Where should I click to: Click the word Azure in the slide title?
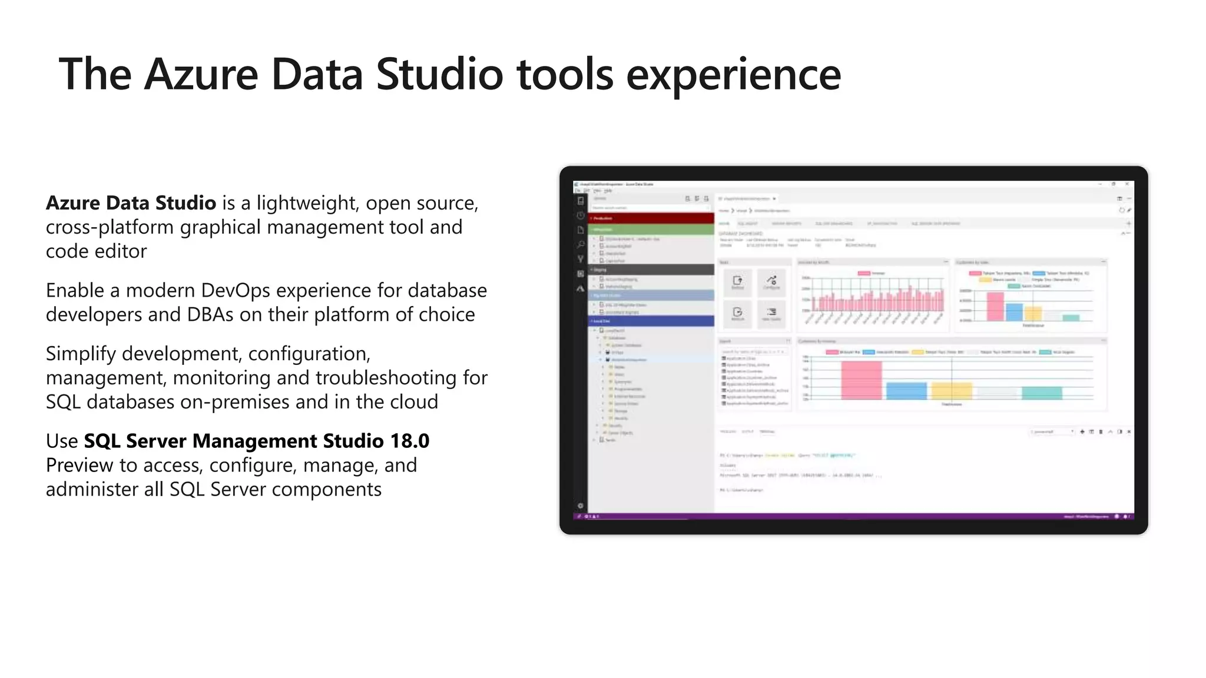[x=201, y=75]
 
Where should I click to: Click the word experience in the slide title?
[x=733, y=75]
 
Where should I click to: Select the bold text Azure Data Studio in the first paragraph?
[x=131, y=203]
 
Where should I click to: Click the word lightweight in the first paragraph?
[x=307, y=203]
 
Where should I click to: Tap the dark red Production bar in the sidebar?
[x=651, y=218]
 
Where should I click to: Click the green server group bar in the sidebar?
[x=651, y=230]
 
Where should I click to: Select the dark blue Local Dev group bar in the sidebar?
[x=651, y=321]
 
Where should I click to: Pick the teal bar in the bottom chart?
[x=1042, y=393]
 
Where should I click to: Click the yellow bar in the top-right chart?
[x=1033, y=314]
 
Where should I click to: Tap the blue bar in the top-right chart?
[x=1014, y=312]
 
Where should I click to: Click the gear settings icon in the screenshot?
[x=581, y=506]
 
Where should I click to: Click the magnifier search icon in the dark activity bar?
[x=581, y=244]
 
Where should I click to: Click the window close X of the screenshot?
[x=1127, y=184]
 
